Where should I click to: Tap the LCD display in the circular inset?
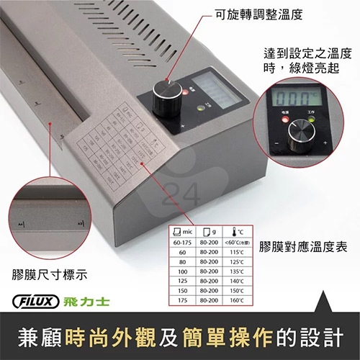(x=297, y=96)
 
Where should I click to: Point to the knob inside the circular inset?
(x=300, y=137)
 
